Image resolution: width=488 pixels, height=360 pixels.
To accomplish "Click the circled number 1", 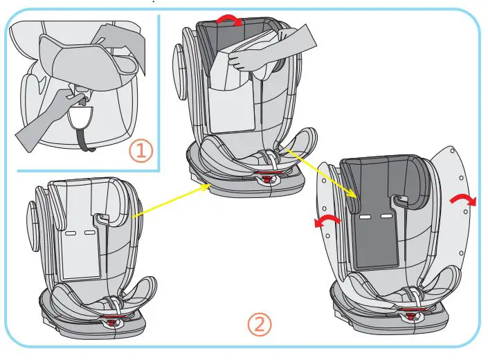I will coord(141,152).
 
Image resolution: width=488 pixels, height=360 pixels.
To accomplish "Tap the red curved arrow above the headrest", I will coord(229,21).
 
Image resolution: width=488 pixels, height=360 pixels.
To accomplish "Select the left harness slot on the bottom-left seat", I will coord(71,233).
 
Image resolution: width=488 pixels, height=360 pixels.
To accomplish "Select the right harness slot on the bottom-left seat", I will coord(89,233).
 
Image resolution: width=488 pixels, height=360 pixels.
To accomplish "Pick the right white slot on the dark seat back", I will coord(386,217).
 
